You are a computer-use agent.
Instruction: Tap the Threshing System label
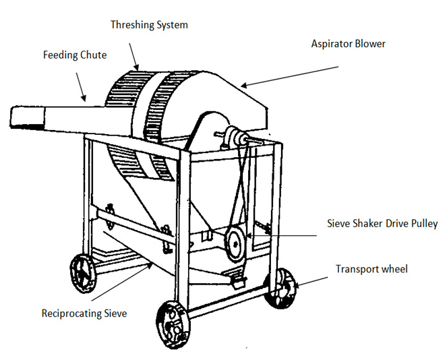(149, 25)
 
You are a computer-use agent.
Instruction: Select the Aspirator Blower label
(348, 44)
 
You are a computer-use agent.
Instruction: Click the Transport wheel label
(371, 269)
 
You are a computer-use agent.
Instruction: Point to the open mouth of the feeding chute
(26, 119)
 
